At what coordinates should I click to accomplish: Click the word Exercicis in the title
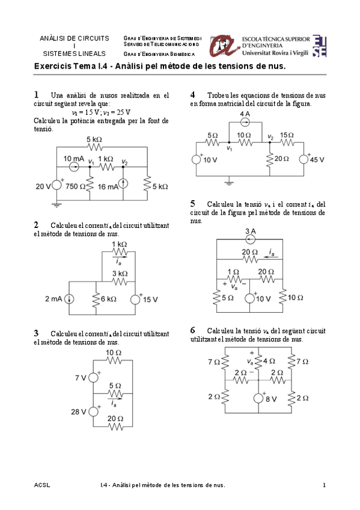[52, 66]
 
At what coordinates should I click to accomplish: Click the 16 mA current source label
[108, 186]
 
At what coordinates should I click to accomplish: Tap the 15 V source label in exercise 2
[150, 299]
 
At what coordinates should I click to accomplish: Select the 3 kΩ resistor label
[120, 274]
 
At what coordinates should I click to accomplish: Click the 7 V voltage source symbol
[93, 378]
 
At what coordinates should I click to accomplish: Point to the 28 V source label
[80, 411]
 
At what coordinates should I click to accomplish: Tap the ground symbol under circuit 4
[229, 181]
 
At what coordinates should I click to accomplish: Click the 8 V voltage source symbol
[258, 398]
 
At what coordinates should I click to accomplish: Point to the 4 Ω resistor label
[270, 361]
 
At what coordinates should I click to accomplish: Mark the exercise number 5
[192, 204]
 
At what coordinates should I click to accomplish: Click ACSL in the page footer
[42, 485]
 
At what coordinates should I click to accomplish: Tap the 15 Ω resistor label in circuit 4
[287, 135]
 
